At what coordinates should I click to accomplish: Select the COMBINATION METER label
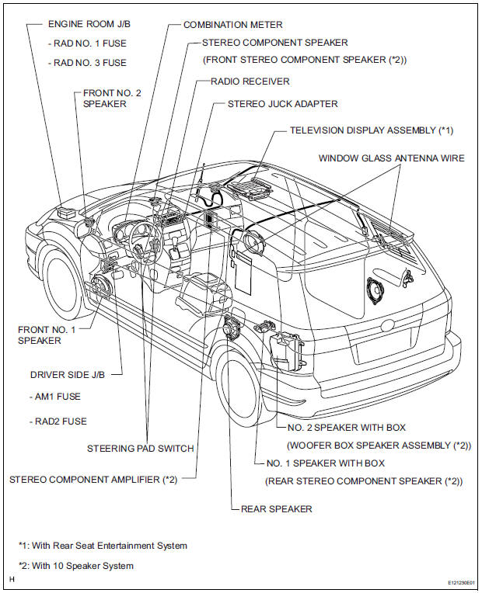click(x=232, y=25)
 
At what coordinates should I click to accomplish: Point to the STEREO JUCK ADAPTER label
click(x=282, y=103)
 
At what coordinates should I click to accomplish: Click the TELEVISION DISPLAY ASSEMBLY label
click(x=371, y=130)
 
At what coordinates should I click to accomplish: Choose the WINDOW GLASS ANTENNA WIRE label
click(x=391, y=158)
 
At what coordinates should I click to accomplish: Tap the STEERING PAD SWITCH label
click(x=141, y=448)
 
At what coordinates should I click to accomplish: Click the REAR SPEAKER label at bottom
click(x=276, y=509)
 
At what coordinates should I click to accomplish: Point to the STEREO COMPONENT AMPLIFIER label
click(x=93, y=480)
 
